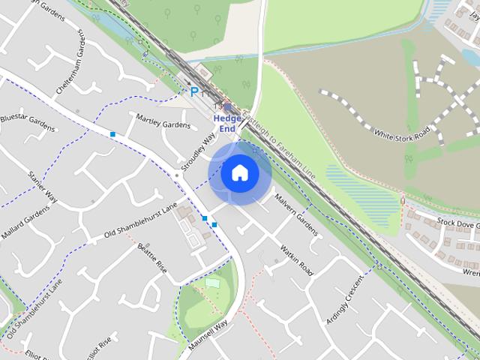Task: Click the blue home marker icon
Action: (239, 172)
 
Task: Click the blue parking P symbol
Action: (194, 92)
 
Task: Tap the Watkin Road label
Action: (296, 258)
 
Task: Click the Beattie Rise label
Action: (151, 257)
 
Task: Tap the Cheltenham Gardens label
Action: (71, 68)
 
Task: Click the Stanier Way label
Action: (42, 186)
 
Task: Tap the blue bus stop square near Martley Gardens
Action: (112, 134)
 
